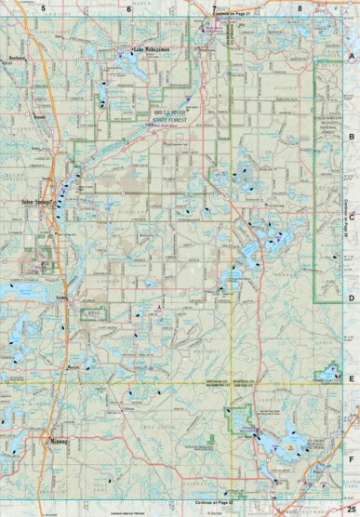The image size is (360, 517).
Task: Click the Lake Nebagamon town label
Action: [x=150, y=48]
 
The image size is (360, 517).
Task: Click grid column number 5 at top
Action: [x=42, y=7]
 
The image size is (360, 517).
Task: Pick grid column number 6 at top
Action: [x=128, y=7]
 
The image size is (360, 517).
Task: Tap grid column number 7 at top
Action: [x=214, y=7]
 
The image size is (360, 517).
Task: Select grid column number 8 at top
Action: [x=300, y=7]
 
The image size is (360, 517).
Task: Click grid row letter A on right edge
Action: [x=352, y=56]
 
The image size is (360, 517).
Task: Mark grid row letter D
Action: [x=352, y=298]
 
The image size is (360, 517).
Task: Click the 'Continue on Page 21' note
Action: [x=233, y=14]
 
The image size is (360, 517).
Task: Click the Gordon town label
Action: [x=62, y=297]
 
